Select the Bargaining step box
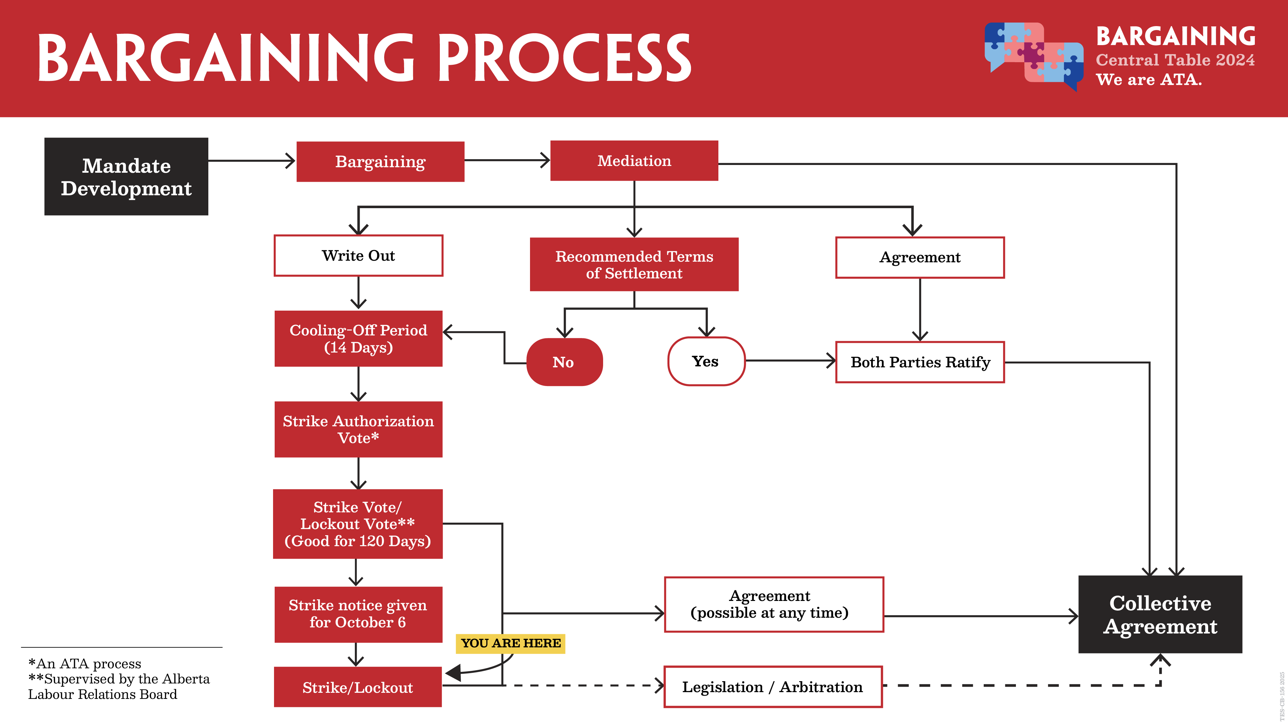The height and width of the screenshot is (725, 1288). tap(381, 162)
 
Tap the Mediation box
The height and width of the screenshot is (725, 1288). tap(634, 160)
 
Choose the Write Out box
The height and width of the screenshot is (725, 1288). tap(358, 256)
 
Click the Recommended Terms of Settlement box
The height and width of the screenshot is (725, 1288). tap(634, 264)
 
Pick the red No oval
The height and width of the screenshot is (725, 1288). tap(564, 362)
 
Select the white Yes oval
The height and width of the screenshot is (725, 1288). tap(706, 361)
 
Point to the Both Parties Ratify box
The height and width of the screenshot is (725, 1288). tap(920, 362)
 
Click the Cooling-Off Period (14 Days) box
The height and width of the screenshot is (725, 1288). tap(358, 339)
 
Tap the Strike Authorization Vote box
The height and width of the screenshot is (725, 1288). tap(358, 429)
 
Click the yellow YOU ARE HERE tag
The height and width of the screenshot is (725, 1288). tap(510, 643)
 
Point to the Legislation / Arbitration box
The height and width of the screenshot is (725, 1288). tap(773, 687)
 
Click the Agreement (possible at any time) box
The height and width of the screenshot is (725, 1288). tap(774, 604)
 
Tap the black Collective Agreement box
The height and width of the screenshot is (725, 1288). tap(1160, 614)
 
